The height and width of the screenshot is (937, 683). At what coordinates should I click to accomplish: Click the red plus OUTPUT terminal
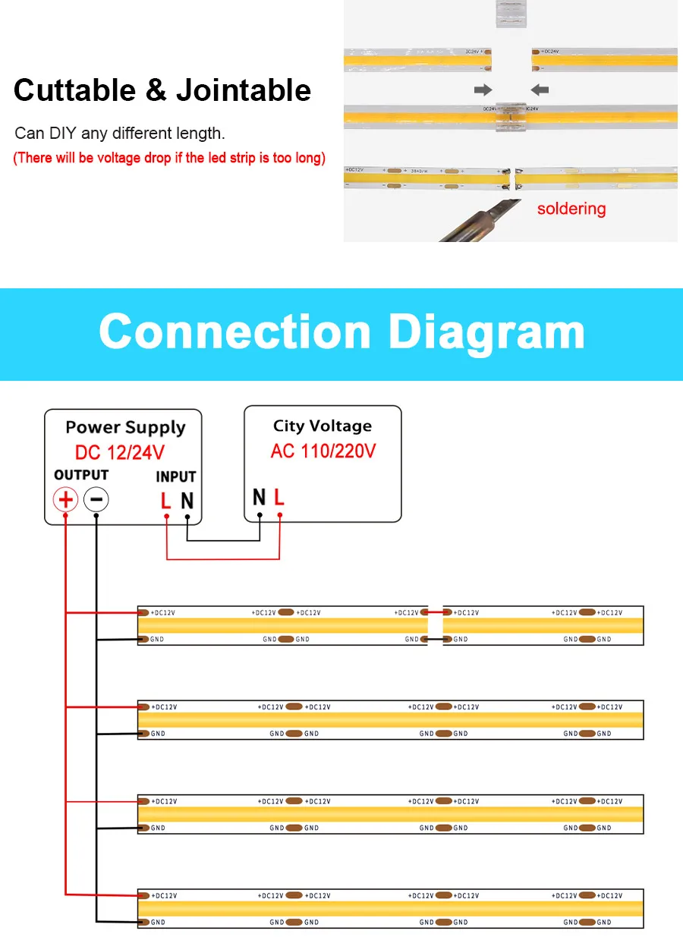click(x=66, y=499)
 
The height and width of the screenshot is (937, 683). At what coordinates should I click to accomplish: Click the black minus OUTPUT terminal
click(x=96, y=499)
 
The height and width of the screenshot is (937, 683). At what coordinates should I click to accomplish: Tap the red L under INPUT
click(x=165, y=501)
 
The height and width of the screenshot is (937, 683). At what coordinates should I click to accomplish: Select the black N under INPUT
click(x=187, y=501)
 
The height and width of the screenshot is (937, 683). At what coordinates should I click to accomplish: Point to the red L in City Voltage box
click(x=279, y=498)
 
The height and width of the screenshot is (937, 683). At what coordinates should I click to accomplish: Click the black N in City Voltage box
click(x=259, y=498)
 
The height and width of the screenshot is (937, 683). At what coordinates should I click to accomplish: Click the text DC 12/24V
click(x=120, y=453)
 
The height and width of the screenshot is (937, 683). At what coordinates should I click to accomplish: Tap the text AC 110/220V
click(x=323, y=451)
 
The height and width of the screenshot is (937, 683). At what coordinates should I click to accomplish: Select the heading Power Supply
click(x=125, y=427)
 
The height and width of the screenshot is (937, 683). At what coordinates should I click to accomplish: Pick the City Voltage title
click(x=323, y=426)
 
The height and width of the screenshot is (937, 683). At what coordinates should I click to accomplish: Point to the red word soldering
click(x=571, y=209)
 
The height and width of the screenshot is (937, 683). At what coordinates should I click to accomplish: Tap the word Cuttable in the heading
click(x=74, y=90)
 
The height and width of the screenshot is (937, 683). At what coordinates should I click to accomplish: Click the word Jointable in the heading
click(x=243, y=90)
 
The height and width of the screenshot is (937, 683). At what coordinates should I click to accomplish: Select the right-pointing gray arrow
click(x=483, y=90)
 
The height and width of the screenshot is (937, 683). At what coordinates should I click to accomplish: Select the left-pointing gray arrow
click(x=540, y=90)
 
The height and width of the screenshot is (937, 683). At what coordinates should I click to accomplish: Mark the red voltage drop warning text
click(x=169, y=158)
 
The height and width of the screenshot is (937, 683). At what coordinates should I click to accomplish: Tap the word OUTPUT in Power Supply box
click(x=81, y=475)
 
